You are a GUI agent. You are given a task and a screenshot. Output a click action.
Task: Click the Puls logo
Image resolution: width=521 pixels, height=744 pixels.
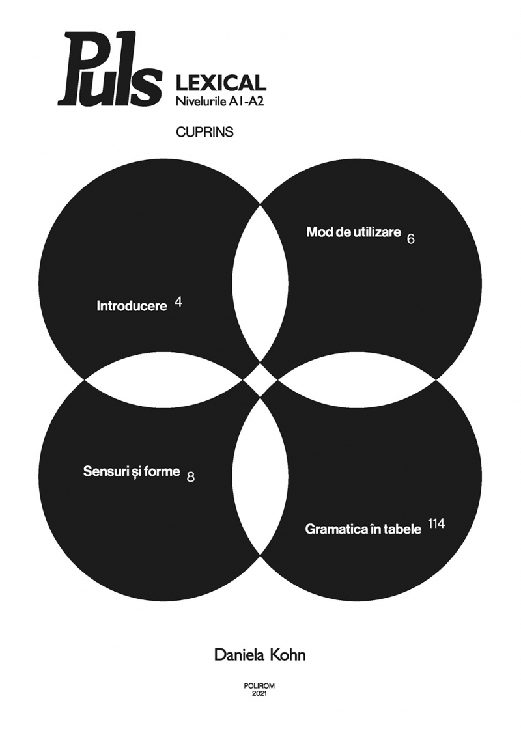(109, 70)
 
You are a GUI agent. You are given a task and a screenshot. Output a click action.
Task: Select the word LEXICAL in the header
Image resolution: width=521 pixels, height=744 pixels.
(221, 83)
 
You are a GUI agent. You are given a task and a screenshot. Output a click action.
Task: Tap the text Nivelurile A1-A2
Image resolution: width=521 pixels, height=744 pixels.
(219, 101)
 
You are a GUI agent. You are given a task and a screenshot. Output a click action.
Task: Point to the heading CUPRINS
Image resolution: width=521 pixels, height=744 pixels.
(204, 132)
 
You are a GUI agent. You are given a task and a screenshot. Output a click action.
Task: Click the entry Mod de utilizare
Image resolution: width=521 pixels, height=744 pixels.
(354, 232)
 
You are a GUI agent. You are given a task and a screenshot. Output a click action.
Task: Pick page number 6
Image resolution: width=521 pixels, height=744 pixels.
(411, 239)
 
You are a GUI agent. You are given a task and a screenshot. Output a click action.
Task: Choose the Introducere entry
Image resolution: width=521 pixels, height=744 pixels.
(132, 306)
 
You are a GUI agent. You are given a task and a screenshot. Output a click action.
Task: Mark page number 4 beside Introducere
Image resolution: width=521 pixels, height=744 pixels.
(178, 301)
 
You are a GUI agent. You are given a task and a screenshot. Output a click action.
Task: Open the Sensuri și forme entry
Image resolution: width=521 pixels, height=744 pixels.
(132, 472)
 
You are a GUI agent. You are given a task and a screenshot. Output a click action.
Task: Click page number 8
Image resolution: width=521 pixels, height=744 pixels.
(191, 477)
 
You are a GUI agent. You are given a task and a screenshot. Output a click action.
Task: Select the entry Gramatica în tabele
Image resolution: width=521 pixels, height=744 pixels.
(363, 529)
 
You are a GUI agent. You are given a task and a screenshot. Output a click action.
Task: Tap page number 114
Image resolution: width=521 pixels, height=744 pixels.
(436, 524)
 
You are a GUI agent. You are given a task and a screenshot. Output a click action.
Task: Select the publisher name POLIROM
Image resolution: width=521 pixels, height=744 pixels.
(259, 685)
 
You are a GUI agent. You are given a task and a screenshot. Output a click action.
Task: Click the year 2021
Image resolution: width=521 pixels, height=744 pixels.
(259, 693)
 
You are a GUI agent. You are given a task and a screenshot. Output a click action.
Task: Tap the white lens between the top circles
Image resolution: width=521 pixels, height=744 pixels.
(260, 283)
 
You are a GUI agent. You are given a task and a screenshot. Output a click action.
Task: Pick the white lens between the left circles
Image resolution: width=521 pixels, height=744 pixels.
(164, 380)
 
